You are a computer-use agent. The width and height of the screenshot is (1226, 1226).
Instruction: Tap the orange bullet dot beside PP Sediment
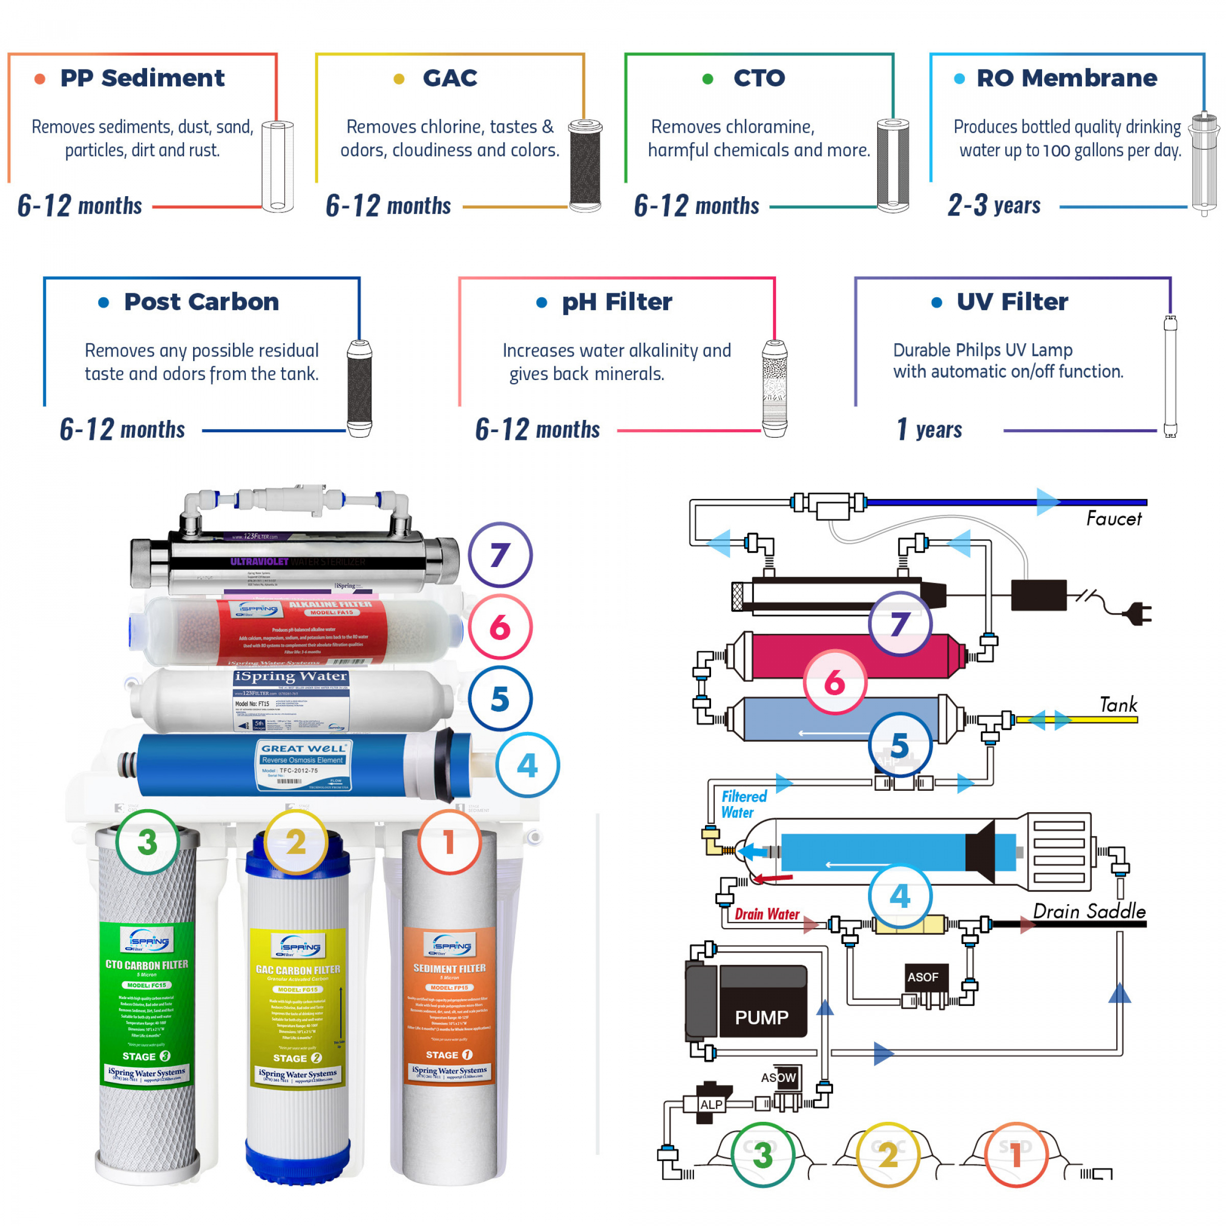click(x=39, y=79)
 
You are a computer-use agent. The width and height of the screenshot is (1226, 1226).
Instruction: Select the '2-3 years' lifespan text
click(x=994, y=205)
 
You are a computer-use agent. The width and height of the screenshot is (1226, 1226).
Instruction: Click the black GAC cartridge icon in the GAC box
click(x=584, y=166)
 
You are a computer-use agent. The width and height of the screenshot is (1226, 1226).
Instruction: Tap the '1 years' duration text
click(x=930, y=430)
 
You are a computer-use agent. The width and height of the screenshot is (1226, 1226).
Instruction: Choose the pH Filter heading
click(x=617, y=302)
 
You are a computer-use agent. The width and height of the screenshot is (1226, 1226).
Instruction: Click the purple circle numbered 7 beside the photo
click(x=500, y=555)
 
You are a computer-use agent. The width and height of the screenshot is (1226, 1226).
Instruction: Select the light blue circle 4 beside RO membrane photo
click(x=527, y=765)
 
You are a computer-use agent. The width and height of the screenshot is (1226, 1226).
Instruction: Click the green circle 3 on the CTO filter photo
click(x=147, y=842)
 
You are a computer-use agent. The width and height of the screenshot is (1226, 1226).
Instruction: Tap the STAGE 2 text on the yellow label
click(x=297, y=1058)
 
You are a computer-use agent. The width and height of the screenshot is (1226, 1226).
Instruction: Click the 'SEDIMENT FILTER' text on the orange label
click(x=450, y=969)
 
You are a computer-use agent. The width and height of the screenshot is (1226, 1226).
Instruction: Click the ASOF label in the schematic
click(x=922, y=977)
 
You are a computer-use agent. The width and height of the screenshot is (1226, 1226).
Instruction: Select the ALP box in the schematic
click(x=711, y=1104)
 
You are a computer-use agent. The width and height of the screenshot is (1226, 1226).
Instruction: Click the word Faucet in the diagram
click(x=1114, y=519)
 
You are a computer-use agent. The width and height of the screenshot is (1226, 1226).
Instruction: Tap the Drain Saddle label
click(x=1089, y=912)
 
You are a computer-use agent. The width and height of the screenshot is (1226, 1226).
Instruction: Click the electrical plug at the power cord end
click(x=1139, y=614)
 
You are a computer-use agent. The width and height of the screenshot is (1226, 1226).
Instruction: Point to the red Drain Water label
click(x=767, y=914)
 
